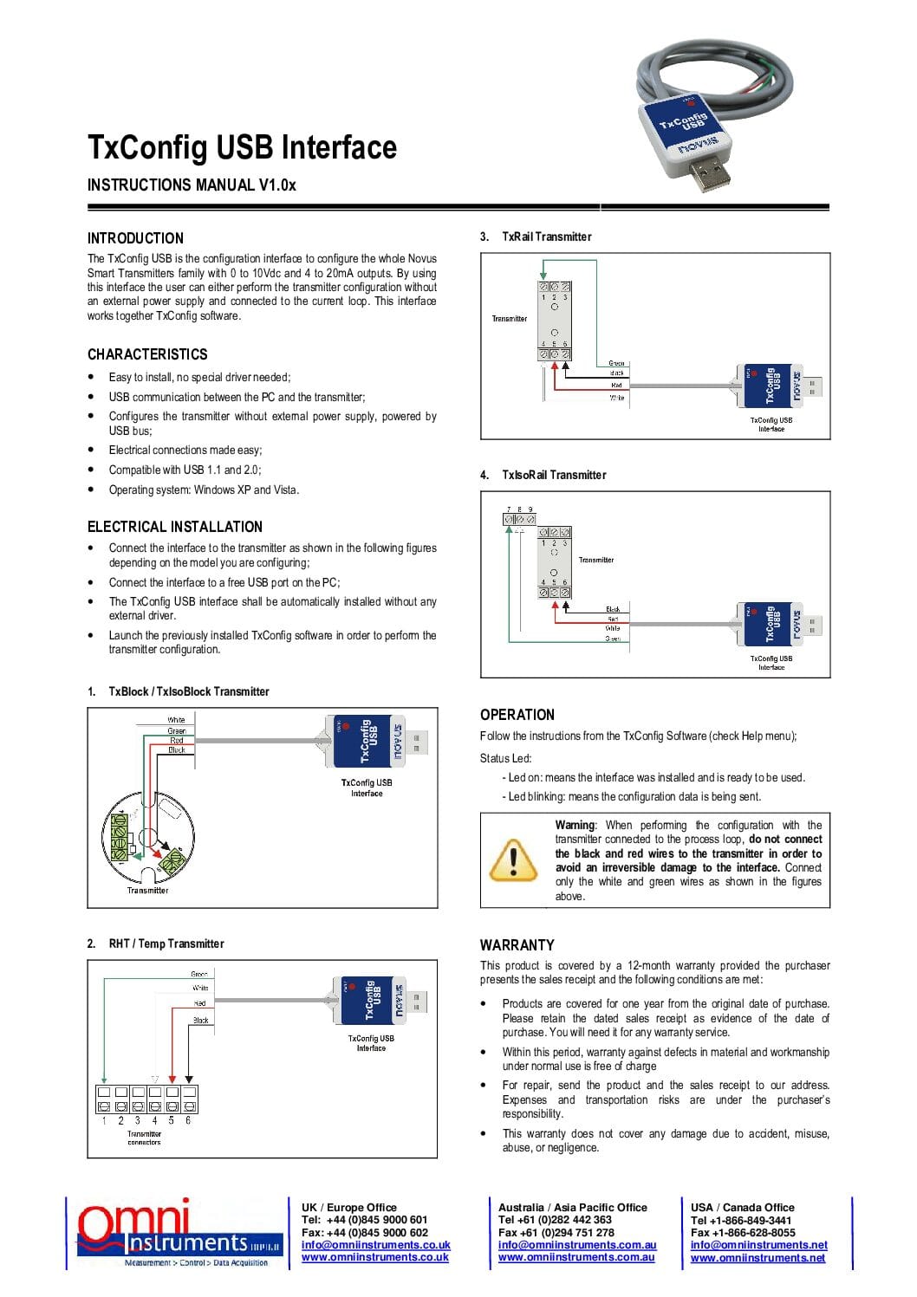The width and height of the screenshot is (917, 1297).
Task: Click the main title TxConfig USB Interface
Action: point(242,147)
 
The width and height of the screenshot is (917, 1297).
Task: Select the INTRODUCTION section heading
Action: point(135,238)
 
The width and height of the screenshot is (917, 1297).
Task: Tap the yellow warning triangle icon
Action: point(513,859)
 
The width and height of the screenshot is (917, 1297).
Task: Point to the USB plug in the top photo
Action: point(707,170)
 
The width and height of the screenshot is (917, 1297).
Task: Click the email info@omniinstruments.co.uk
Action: point(375,1245)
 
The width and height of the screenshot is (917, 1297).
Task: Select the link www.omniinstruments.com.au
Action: point(576,1257)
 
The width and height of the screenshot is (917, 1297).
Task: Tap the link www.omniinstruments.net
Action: point(758,1257)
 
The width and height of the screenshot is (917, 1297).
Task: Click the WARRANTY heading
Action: point(517,945)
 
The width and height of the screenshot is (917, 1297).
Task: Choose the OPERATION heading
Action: point(517,715)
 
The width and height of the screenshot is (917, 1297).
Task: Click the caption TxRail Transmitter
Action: point(546,237)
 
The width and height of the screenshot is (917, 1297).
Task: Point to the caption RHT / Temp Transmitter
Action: point(166,944)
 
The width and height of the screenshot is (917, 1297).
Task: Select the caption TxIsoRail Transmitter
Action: point(554,475)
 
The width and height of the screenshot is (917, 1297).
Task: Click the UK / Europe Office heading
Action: point(348,1207)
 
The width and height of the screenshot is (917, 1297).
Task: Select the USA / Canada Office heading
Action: point(742,1207)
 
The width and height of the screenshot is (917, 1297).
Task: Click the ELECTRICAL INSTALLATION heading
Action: point(174,527)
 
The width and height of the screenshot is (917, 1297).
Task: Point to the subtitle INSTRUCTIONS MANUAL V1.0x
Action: point(192,185)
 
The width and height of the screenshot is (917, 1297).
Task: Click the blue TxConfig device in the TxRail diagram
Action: point(771,386)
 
